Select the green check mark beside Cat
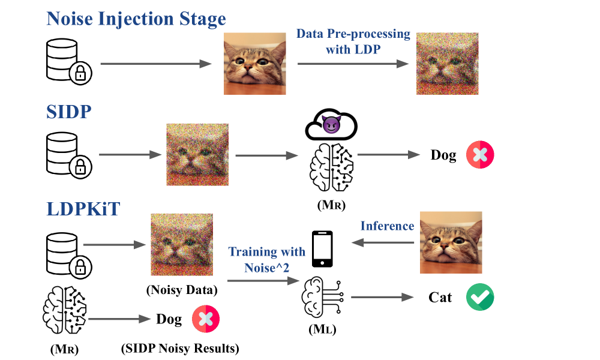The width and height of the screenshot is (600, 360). click(x=480, y=297)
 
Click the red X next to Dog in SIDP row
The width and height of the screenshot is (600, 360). click(x=480, y=155)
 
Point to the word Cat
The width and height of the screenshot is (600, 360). click(x=440, y=298)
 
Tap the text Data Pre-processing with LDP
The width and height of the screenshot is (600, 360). click(x=353, y=41)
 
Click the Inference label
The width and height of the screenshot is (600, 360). click(x=387, y=226)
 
